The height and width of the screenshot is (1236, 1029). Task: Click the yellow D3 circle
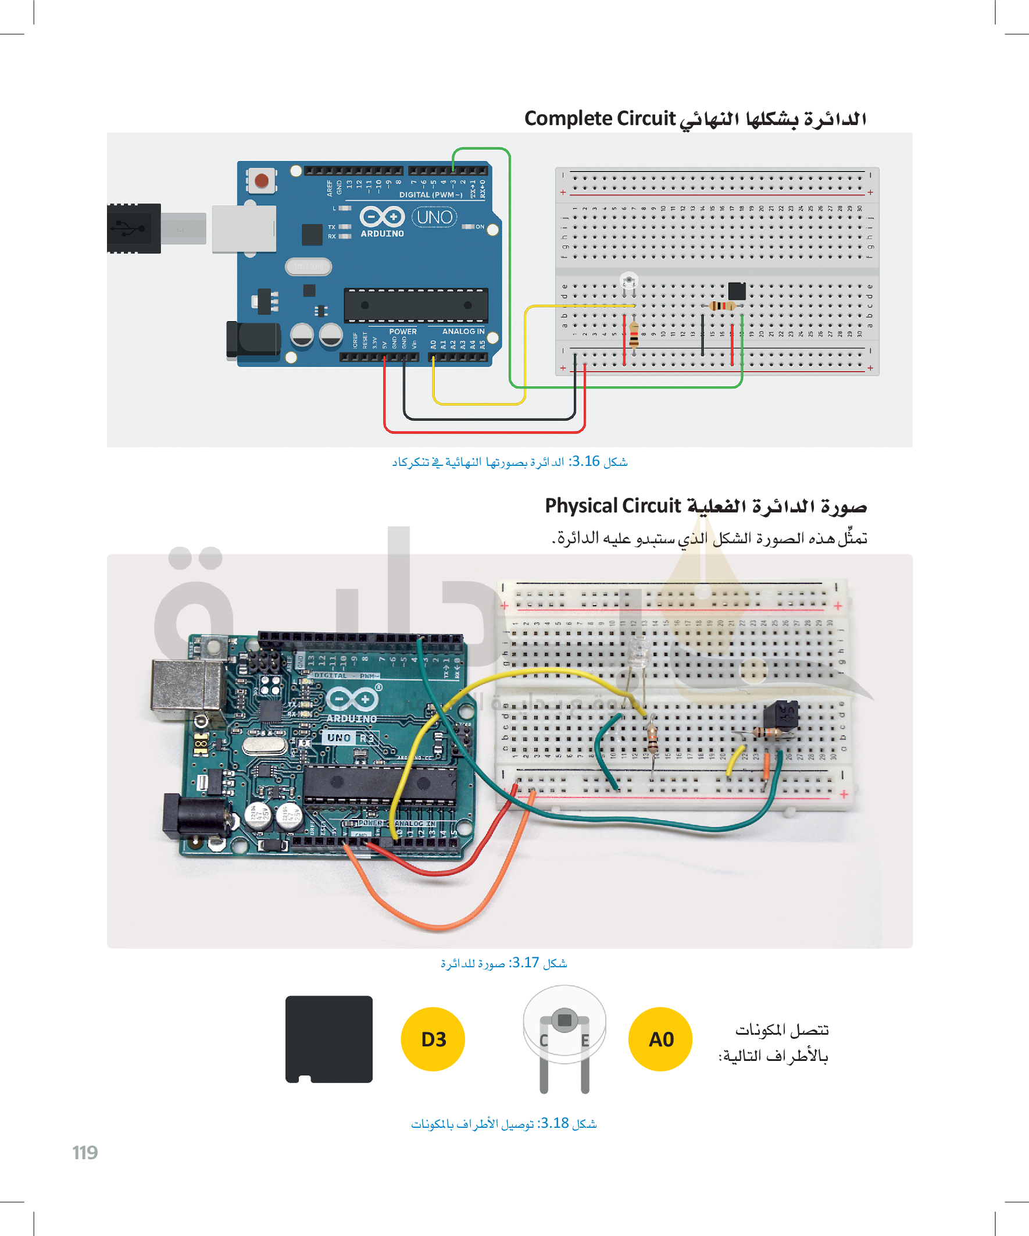point(433,1039)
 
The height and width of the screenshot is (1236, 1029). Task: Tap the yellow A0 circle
point(660,1039)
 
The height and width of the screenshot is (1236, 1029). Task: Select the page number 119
point(85,1152)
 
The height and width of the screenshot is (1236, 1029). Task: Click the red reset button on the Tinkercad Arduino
point(262,180)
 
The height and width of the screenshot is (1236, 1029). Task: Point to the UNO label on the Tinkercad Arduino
point(435,217)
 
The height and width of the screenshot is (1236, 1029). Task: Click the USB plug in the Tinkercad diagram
point(134,229)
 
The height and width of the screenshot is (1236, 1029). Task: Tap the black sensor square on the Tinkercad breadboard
point(737,291)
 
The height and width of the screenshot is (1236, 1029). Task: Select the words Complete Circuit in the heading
point(599,118)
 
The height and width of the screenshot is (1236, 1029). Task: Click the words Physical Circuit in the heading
point(612,505)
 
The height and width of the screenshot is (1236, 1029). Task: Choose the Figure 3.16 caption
point(509,461)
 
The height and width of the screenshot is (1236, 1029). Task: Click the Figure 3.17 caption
point(503,963)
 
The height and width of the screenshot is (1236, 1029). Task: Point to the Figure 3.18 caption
point(503,1124)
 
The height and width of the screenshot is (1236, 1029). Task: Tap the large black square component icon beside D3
point(329,1039)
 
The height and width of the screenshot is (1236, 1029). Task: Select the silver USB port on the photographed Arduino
point(187,685)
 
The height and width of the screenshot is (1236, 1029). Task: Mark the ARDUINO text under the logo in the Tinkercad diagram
point(383,234)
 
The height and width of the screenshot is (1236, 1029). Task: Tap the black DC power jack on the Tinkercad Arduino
point(254,340)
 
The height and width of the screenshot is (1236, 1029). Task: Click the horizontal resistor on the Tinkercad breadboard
point(722,306)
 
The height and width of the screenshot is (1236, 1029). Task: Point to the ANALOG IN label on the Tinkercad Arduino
point(463,332)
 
